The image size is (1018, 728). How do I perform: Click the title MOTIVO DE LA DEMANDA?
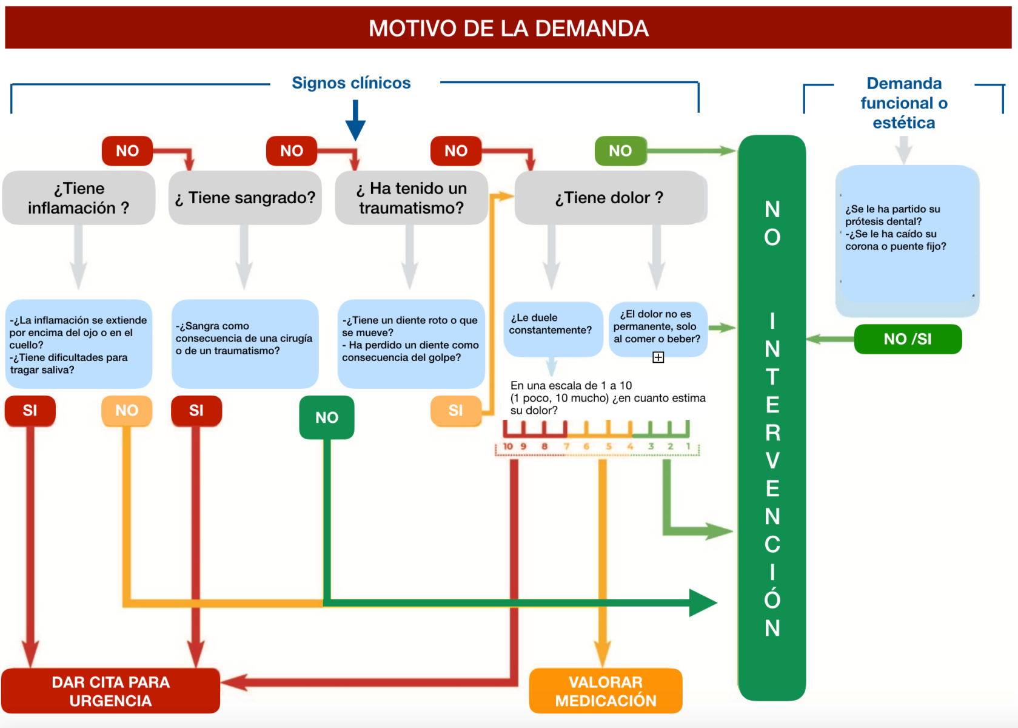coord(508,28)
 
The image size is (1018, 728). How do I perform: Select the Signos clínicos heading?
coord(351,83)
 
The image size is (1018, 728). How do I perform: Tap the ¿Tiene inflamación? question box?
coord(79,198)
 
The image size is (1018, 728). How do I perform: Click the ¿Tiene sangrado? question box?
coord(245,198)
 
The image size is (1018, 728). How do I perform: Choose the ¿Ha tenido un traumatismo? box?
coord(411,198)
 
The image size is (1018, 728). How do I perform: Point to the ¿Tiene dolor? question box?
coord(611,198)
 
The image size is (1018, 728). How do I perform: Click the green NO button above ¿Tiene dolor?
coord(620,150)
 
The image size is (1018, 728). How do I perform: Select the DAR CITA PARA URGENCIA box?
coord(110,691)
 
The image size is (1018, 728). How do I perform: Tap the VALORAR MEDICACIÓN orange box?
coord(606,691)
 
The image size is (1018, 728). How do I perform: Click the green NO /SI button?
coord(908,339)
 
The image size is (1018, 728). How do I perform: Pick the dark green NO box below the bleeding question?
coord(327,417)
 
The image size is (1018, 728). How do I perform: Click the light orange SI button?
coord(455,411)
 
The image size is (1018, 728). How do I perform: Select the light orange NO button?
coord(127,411)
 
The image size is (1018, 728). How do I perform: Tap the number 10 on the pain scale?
coord(507,447)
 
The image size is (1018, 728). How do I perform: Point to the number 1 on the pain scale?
coord(688,447)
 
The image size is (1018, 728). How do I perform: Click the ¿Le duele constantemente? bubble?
coord(553,329)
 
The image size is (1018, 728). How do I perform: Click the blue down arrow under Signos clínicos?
coord(355,121)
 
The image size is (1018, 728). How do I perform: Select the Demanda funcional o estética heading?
coord(904,103)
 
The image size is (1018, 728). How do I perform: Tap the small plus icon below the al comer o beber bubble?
coord(658,357)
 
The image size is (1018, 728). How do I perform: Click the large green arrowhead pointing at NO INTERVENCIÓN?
coord(703,603)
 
